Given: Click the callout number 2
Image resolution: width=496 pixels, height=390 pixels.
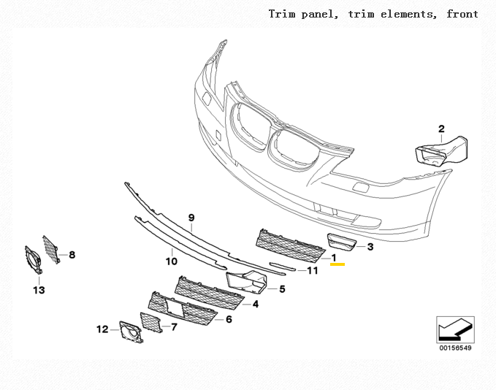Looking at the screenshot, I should (441, 130).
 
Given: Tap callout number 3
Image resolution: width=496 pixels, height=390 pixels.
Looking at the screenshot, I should (370, 248).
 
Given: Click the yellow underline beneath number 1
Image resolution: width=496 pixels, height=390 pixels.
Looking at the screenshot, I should (337, 265).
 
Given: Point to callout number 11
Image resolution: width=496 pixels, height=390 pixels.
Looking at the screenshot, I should (313, 271).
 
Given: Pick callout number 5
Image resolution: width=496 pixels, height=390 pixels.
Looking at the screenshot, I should (282, 289).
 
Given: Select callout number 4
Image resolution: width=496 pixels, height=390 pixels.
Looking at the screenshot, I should (256, 304).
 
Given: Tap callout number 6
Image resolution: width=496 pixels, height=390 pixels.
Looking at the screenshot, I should (229, 319).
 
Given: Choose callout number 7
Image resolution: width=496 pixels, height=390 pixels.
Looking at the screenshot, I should (174, 327).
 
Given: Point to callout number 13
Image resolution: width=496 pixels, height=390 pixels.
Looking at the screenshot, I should (38, 290).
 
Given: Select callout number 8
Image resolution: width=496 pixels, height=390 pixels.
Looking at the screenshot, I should (72, 255).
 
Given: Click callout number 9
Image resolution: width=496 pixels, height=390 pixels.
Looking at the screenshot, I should (191, 218).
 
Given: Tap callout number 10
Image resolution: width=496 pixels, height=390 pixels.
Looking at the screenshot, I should (171, 261).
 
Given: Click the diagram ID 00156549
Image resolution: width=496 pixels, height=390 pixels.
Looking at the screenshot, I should (454, 348).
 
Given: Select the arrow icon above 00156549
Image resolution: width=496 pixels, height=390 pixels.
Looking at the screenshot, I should (454, 329).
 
